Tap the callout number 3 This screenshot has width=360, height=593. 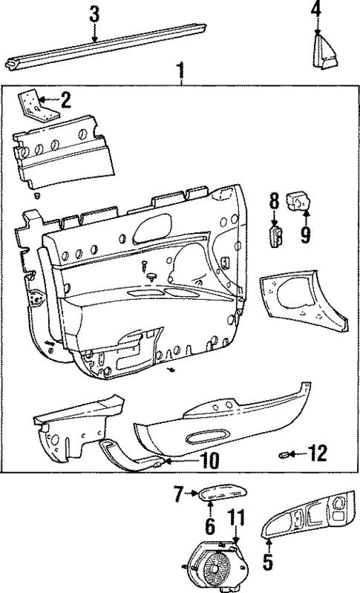pos(94,13)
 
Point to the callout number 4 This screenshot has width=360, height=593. pos(317,10)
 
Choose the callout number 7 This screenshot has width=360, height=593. pos(178,492)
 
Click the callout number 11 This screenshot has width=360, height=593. pos(235,517)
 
